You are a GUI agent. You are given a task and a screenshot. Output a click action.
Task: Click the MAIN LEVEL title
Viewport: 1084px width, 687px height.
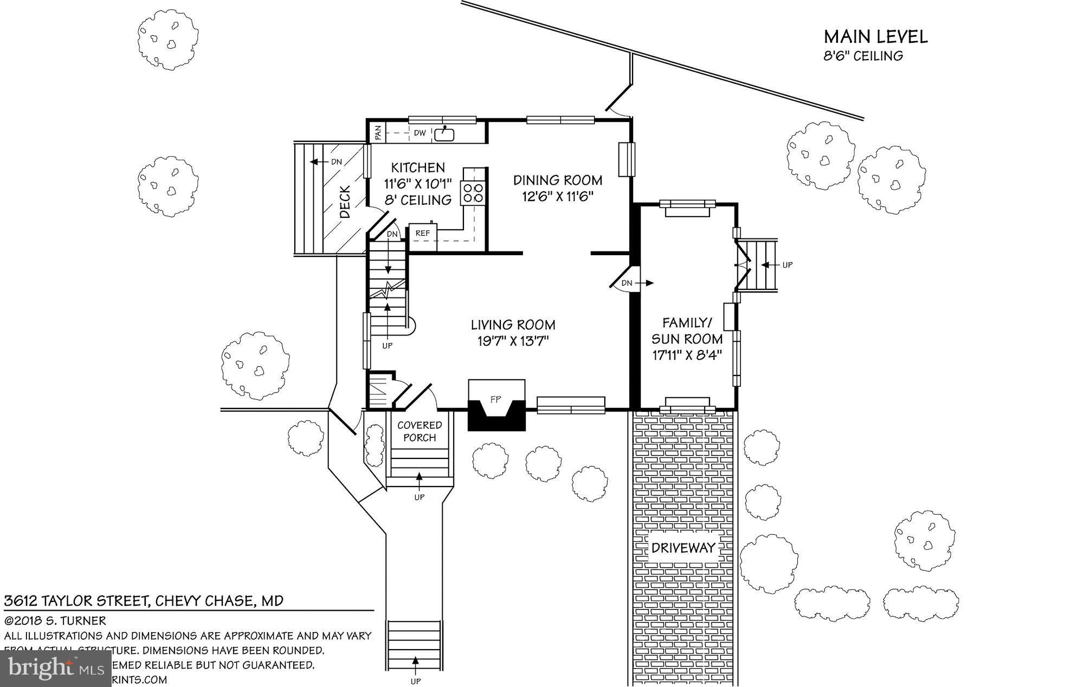pos(875,37)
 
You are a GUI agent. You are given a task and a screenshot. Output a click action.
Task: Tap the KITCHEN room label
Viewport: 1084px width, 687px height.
pos(418,167)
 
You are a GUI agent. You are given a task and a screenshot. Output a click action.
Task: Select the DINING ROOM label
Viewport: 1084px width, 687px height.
pos(558,180)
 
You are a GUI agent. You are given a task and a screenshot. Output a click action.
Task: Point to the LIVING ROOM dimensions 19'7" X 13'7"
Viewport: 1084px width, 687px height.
pos(512,341)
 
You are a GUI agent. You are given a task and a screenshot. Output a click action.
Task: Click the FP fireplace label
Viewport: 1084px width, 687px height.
pos(495,399)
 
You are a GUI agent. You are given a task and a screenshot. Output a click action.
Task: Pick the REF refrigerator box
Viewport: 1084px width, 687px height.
pos(422,234)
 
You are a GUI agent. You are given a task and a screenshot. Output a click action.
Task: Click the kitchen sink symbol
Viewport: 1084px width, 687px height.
pos(444,134)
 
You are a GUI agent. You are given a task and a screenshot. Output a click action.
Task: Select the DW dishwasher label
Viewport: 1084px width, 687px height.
pos(420,133)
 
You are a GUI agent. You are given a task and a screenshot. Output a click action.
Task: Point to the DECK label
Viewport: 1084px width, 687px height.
pos(345,202)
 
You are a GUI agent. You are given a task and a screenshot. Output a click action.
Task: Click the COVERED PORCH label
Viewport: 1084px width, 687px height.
pos(420,431)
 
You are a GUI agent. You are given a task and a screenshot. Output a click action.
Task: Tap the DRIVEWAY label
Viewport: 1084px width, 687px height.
pos(683,548)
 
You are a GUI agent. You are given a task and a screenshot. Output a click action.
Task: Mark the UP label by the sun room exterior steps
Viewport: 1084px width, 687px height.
pos(788,265)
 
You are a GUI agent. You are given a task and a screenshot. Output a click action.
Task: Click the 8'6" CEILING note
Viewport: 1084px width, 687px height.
pos(863,56)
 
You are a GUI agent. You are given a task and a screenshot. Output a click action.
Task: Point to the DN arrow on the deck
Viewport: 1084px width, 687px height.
pos(325,161)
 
